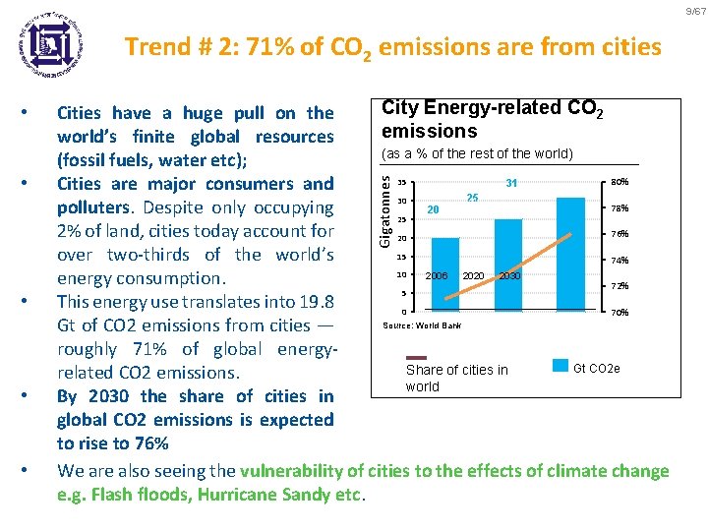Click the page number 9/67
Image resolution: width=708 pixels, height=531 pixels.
click(x=693, y=10)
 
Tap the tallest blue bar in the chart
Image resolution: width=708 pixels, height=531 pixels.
click(x=571, y=255)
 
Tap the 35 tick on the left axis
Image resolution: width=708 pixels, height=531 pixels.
click(x=403, y=183)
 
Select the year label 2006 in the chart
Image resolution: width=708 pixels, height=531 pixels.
click(x=437, y=276)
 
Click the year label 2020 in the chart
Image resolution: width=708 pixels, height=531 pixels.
click(x=473, y=276)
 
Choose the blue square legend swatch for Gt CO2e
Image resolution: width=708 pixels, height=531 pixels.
click(x=560, y=366)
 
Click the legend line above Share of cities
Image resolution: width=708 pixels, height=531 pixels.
click(x=417, y=357)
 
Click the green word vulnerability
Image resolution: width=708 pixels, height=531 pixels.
click(x=294, y=471)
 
